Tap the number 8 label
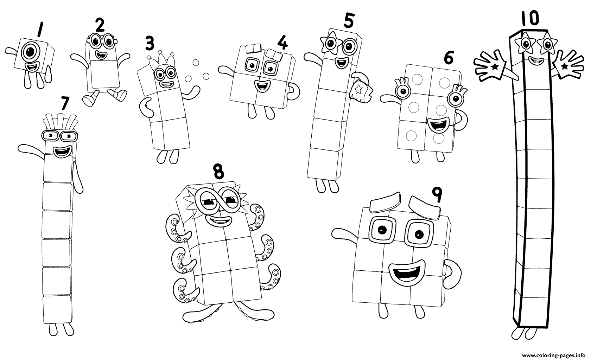click(218, 171)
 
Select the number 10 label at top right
click(530, 18)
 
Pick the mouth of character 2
click(100, 54)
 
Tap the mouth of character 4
click(262, 85)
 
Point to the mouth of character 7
click(62, 152)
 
